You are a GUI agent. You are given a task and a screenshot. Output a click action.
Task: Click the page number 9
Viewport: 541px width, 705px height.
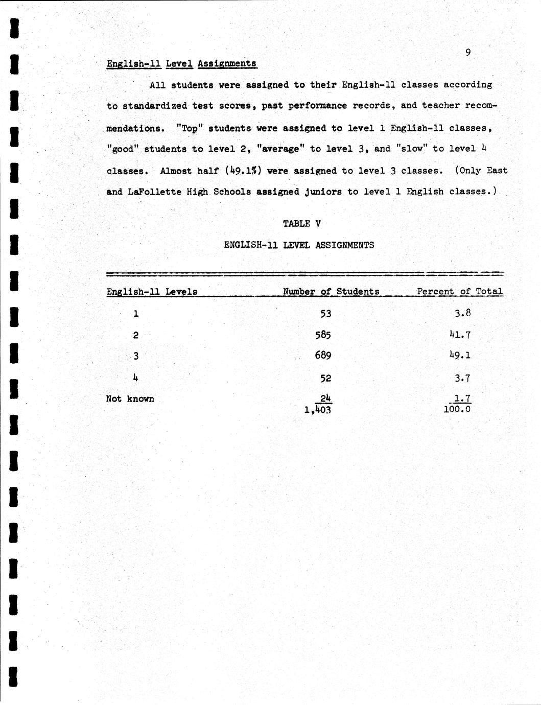(468, 52)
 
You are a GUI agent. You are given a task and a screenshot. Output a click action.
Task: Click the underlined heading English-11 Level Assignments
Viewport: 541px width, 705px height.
(181, 64)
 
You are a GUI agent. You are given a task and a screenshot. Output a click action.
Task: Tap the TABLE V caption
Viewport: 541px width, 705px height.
(302, 224)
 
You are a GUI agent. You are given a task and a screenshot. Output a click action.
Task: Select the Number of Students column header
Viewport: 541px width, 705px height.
(331, 292)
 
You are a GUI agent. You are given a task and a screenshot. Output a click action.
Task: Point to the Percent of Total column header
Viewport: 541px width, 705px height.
(459, 292)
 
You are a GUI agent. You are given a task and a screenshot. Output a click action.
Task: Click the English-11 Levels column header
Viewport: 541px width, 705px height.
(152, 292)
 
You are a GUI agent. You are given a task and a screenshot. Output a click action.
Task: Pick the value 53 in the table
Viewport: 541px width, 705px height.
(326, 314)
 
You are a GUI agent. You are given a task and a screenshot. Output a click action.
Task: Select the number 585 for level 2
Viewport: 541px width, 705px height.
(323, 335)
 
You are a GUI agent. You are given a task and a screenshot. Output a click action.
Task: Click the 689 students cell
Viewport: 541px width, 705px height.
(323, 355)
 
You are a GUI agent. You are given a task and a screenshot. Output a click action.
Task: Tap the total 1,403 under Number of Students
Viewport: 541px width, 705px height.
(318, 410)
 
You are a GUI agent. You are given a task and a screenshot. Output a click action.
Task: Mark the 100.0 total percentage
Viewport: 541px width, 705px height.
(457, 410)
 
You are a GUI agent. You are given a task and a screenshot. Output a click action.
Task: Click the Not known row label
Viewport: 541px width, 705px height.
(130, 399)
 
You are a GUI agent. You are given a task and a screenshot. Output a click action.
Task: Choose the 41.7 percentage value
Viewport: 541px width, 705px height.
(460, 335)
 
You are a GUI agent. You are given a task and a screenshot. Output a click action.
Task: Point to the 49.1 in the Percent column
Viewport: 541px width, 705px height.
(460, 355)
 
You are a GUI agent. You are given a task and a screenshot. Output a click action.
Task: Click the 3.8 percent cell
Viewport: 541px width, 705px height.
(462, 314)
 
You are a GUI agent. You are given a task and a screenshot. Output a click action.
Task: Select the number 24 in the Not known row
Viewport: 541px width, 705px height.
(326, 398)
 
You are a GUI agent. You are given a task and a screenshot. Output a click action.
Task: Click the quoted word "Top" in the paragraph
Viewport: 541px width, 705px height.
(189, 128)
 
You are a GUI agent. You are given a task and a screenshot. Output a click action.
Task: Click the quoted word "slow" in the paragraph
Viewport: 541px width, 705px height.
(412, 149)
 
